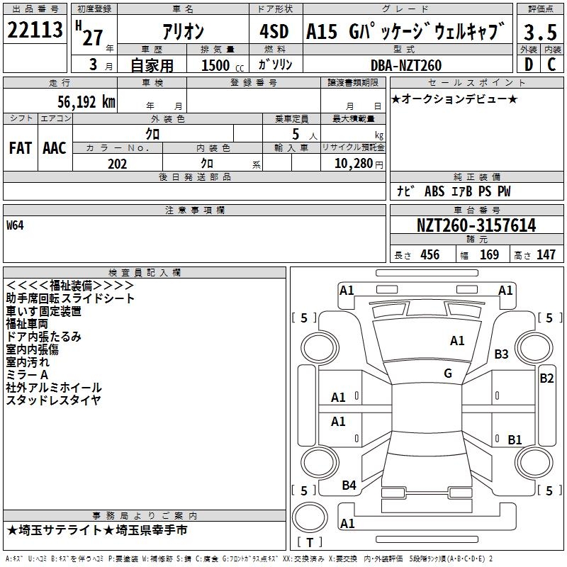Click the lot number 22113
pos(35,30)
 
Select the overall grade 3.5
pos(540,32)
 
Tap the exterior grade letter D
pos(529,64)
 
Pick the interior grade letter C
pos(551,64)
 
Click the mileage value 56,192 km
pos(86,102)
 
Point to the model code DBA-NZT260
pos(406,65)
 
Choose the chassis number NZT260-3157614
pos(476,225)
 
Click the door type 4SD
pos(274,31)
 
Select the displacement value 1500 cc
pos(223,65)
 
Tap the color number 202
pos(117,164)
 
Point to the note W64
pos(15,225)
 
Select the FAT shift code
pos(21,148)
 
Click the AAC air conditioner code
pos(55,148)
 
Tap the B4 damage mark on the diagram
pos(349,485)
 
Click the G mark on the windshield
pos(448,374)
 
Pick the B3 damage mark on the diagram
pos(501,354)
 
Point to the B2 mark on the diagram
pos(546,378)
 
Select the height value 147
pos(546,254)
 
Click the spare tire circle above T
pos(310,517)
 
